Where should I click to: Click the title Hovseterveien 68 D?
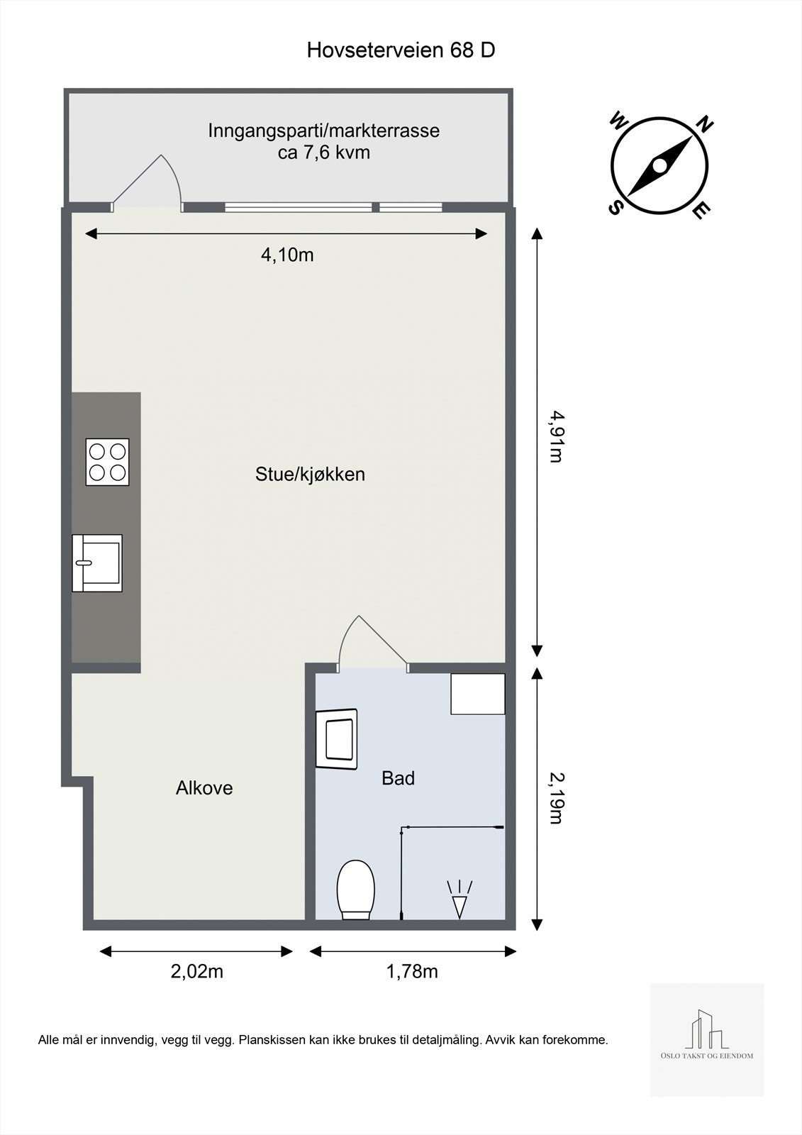point(401,50)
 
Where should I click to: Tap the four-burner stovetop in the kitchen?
point(107,462)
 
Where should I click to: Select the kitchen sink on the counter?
point(97,563)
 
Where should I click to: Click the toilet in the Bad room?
point(355,890)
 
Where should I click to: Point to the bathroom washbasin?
point(337,738)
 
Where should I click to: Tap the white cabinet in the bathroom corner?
point(478,694)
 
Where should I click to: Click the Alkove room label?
point(204,788)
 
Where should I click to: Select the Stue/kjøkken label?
point(310,474)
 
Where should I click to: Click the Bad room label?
point(398,778)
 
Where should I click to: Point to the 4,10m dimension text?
point(287,255)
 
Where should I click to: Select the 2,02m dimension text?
point(196,971)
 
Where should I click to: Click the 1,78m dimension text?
point(412,971)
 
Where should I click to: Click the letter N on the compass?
point(704,125)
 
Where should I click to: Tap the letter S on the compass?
point(615,206)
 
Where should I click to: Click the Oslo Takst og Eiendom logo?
point(707,1039)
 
